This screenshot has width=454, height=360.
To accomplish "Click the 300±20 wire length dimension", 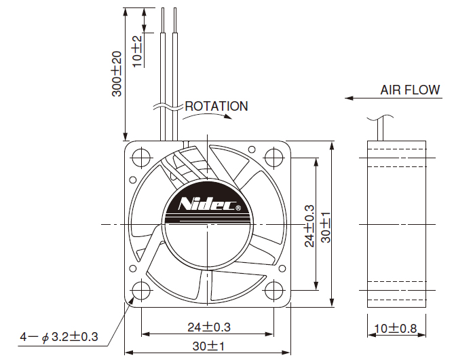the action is (117, 73).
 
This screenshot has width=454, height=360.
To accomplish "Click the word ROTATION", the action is (216, 106).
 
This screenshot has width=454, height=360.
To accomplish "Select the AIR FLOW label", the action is (410, 90).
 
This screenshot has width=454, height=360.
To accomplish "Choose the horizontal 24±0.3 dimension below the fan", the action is (209, 327).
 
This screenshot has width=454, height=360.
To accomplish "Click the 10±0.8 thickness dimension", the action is (396, 329).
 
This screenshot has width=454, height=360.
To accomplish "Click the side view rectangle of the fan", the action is (396, 224).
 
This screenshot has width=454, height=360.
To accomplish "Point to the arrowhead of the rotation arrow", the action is (228, 116).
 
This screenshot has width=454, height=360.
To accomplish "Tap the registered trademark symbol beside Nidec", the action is (238, 208).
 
